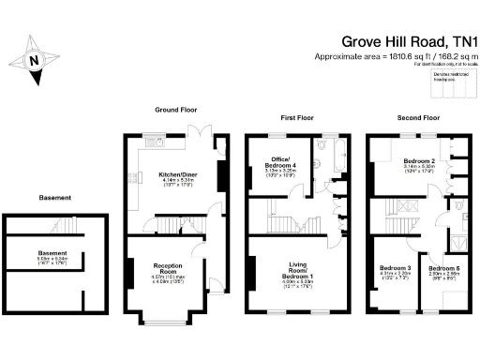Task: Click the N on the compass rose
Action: pos(35,59)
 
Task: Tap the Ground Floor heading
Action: pos(174,110)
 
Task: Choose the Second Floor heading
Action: pos(417,119)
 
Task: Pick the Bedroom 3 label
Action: pos(395,268)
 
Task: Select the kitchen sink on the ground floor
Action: pos(153,142)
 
